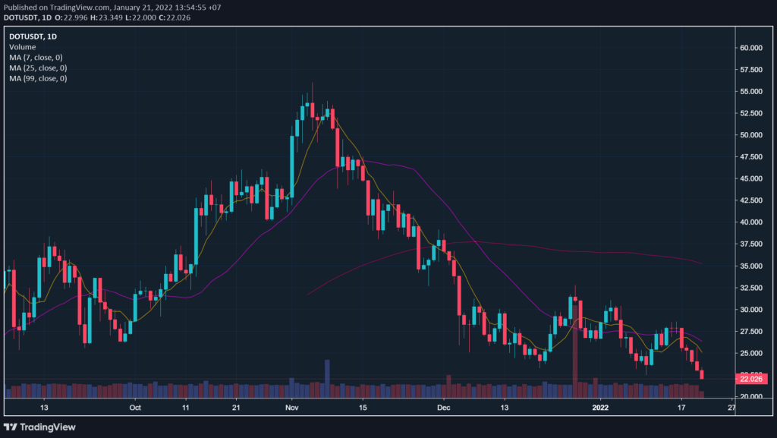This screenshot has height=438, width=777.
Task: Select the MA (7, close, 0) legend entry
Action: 36,58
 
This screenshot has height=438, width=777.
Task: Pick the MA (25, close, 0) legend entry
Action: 37,68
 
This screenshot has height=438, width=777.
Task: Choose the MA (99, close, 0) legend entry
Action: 37,79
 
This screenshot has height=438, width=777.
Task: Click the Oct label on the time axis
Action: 135,408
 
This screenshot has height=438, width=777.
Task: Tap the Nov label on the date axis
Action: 291,408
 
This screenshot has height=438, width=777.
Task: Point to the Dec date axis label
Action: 445,408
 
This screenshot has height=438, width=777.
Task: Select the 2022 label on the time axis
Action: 600,408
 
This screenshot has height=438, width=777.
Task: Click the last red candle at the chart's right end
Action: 702,374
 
